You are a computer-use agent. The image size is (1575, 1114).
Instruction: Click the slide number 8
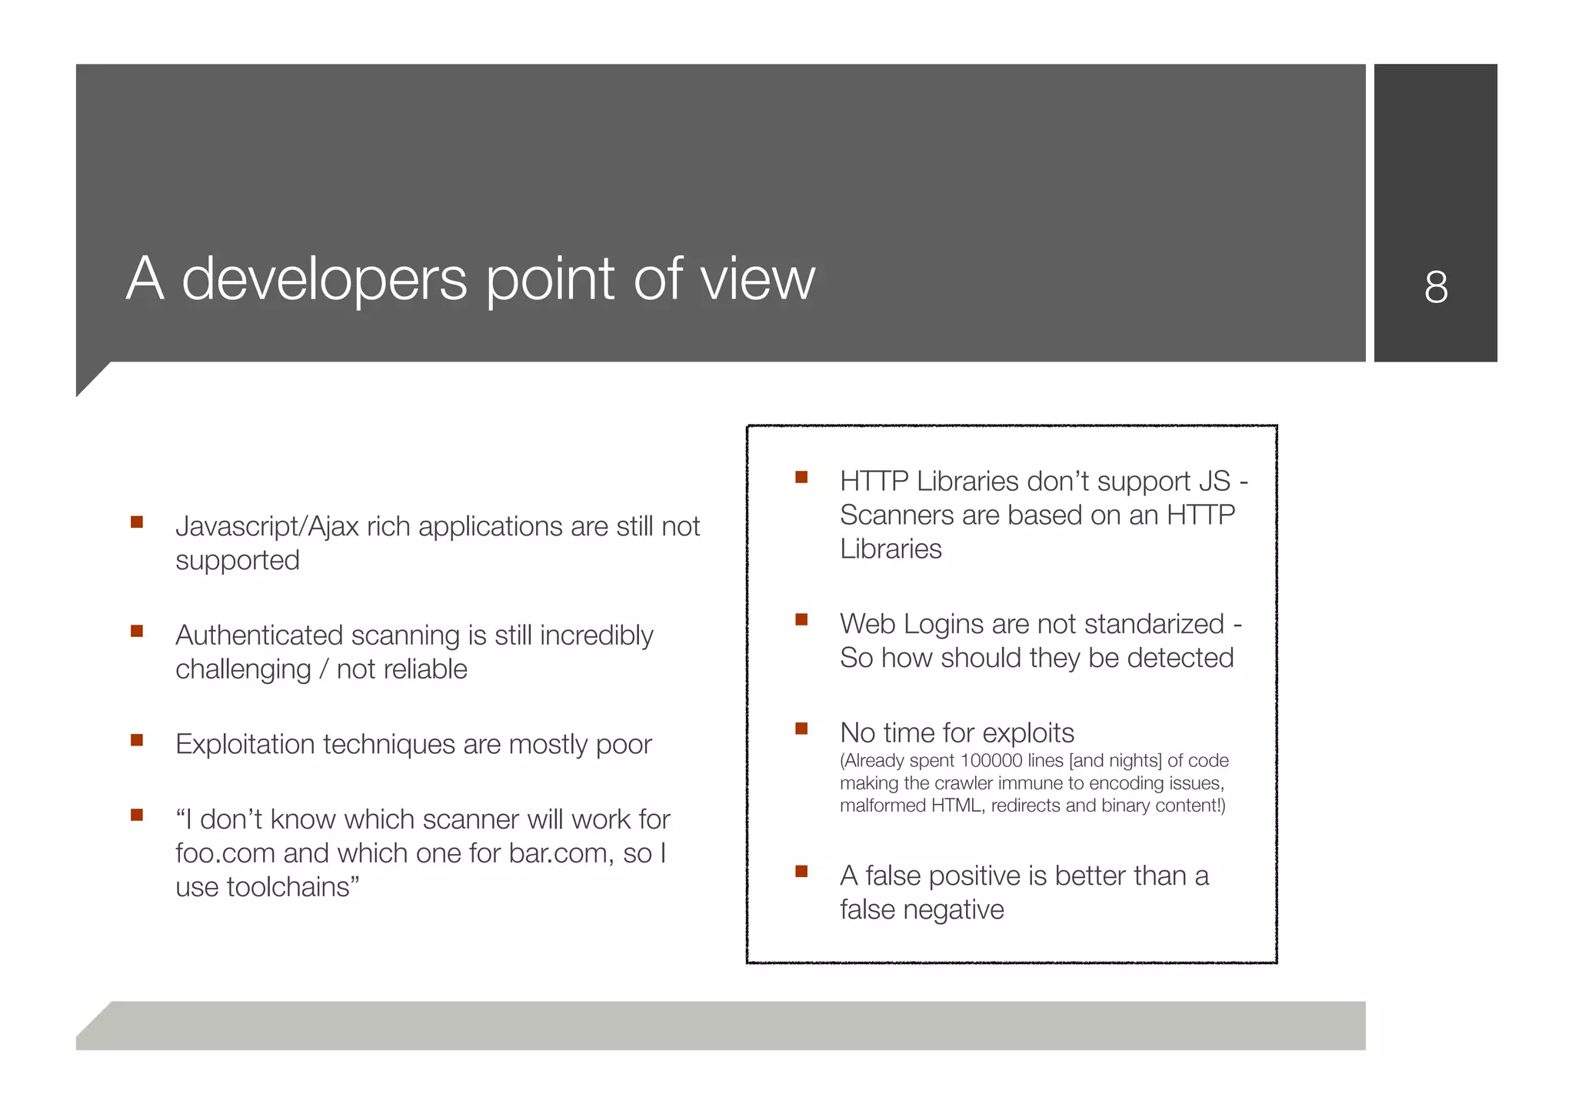coord(1435,287)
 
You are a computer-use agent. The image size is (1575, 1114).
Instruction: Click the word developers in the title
coord(324,280)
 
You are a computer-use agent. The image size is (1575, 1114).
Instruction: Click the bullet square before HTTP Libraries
coord(801,477)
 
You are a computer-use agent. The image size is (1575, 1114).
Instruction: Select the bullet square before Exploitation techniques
coord(137,740)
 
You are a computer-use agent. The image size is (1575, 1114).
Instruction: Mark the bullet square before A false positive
coord(801,871)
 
